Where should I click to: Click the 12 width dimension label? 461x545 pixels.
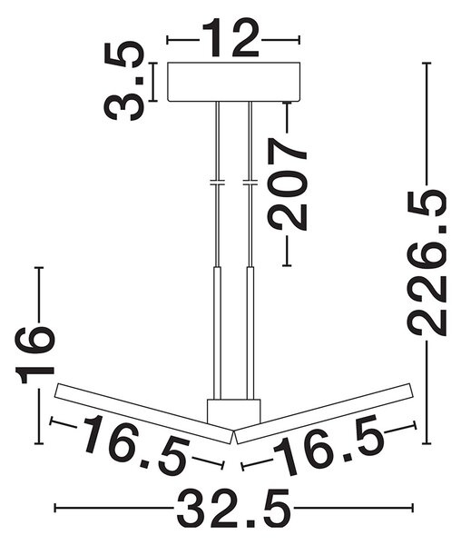(230, 37)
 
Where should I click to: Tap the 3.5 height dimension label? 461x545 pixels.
(124, 82)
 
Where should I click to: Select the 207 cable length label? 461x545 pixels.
(287, 184)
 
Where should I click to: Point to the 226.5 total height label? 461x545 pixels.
(427, 263)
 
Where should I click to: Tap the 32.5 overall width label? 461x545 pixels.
(233, 509)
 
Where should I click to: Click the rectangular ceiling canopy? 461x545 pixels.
(233, 82)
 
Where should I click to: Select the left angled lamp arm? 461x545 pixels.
(143, 413)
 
